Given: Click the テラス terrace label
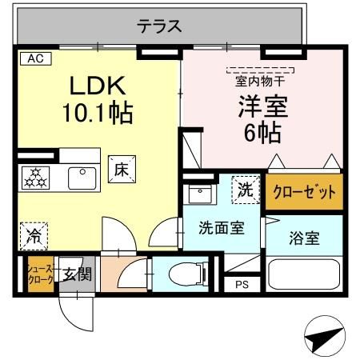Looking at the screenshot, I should [160, 26].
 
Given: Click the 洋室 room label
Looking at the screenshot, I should [262, 106].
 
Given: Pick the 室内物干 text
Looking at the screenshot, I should [261, 80].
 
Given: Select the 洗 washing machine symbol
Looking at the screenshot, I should [246, 190].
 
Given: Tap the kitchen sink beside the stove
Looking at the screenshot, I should [82, 177].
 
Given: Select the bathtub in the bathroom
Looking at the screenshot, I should [304, 274].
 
